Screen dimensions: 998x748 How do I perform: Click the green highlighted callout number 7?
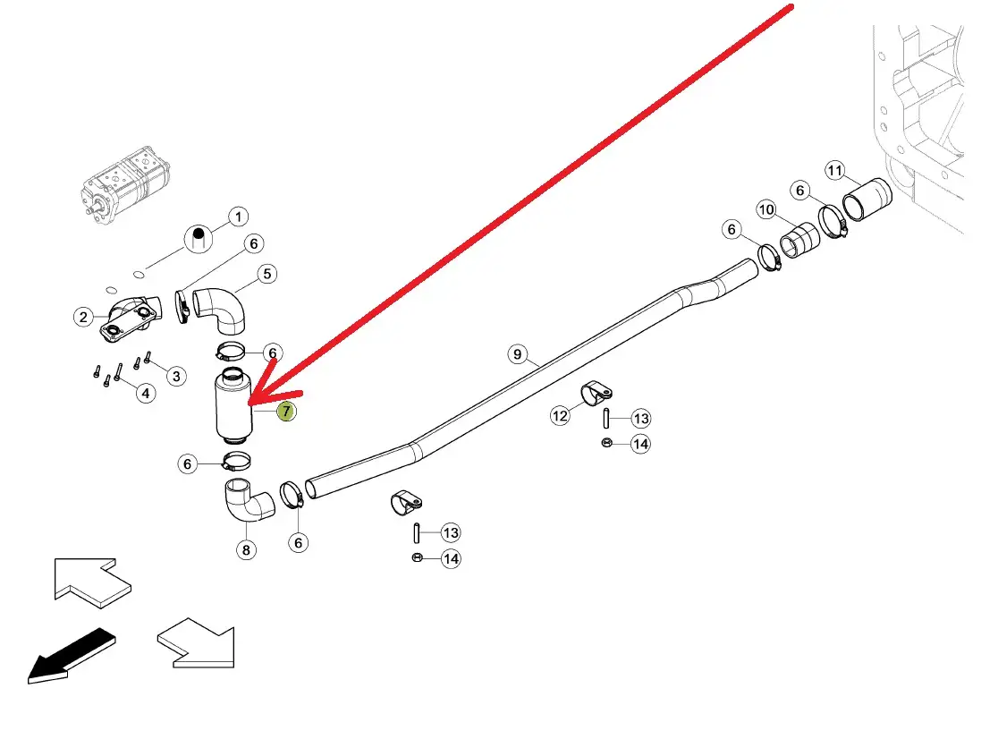tap(286, 412)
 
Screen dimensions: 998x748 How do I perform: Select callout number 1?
tap(238, 217)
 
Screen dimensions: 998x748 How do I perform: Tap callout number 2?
tap(83, 317)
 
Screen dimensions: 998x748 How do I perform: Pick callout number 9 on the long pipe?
tap(518, 354)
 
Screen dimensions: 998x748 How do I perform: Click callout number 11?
tap(835, 171)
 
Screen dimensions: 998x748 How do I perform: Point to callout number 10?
tap(766, 209)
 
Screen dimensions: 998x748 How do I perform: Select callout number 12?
tap(560, 416)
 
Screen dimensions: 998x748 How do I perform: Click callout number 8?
tap(246, 550)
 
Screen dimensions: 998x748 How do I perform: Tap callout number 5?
tap(267, 274)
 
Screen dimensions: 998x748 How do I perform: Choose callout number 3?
tap(176, 376)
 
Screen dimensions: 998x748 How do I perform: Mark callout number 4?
tap(146, 394)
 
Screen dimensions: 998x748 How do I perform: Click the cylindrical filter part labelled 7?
tap(233, 406)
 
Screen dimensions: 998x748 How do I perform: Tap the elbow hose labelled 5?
tap(221, 310)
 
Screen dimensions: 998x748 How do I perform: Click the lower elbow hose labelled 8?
tap(247, 500)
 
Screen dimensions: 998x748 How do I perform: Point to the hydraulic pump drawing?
tap(125, 184)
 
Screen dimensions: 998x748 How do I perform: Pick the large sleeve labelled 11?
tap(867, 200)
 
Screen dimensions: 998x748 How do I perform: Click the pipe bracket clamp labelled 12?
tap(596, 393)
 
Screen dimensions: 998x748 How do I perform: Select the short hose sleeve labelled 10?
tap(800, 241)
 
